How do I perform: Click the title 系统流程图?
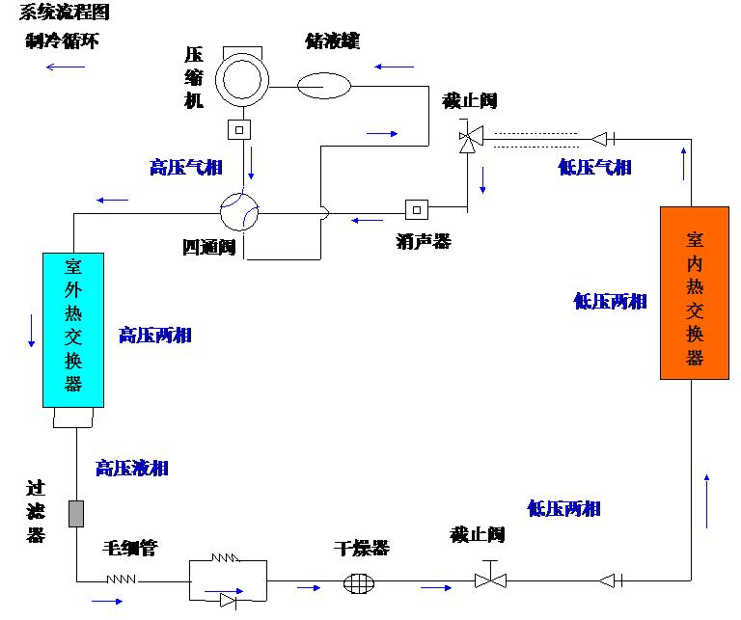pyautogui.click(x=64, y=12)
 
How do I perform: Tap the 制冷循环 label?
pyautogui.click(x=63, y=41)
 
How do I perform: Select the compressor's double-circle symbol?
pyautogui.click(x=239, y=79)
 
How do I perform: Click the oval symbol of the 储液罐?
pyautogui.click(x=324, y=86)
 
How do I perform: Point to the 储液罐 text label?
pyautogui.click(x=332, y=40)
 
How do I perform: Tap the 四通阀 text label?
pyautogui.click(x=209, y=247)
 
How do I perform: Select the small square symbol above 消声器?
pyautogui.click(x=417, y=208)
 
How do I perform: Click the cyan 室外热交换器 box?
pyautogui.click(x=72, y=329)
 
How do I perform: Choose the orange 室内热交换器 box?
pyautogui.click(x=695, y=292)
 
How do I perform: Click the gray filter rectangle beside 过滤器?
pyautogui.click(x=76, y=514)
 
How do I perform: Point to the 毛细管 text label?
pyautogui.click(x=129, y=549)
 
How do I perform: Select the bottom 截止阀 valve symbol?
pyautogui.click(x=489, y=579)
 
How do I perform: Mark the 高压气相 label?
pyautogui.click(x=186, y=167)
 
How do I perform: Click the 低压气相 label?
pyautogui.click(x=594, y=167)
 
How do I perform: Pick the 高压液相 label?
pyautogui.click(x=132, y=468)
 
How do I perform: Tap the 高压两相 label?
pyautogui.click(x=154, y=335)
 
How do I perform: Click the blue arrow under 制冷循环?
pyautogui.click(x=66, y=67)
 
